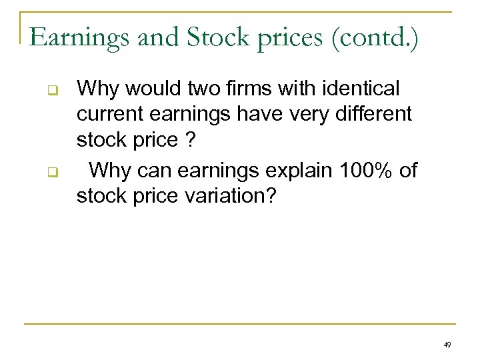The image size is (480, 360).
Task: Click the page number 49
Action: [447, 345]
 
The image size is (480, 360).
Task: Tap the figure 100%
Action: [361, 170]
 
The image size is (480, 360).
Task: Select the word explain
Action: [297, 171]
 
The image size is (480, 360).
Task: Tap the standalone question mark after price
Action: [191, 142]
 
